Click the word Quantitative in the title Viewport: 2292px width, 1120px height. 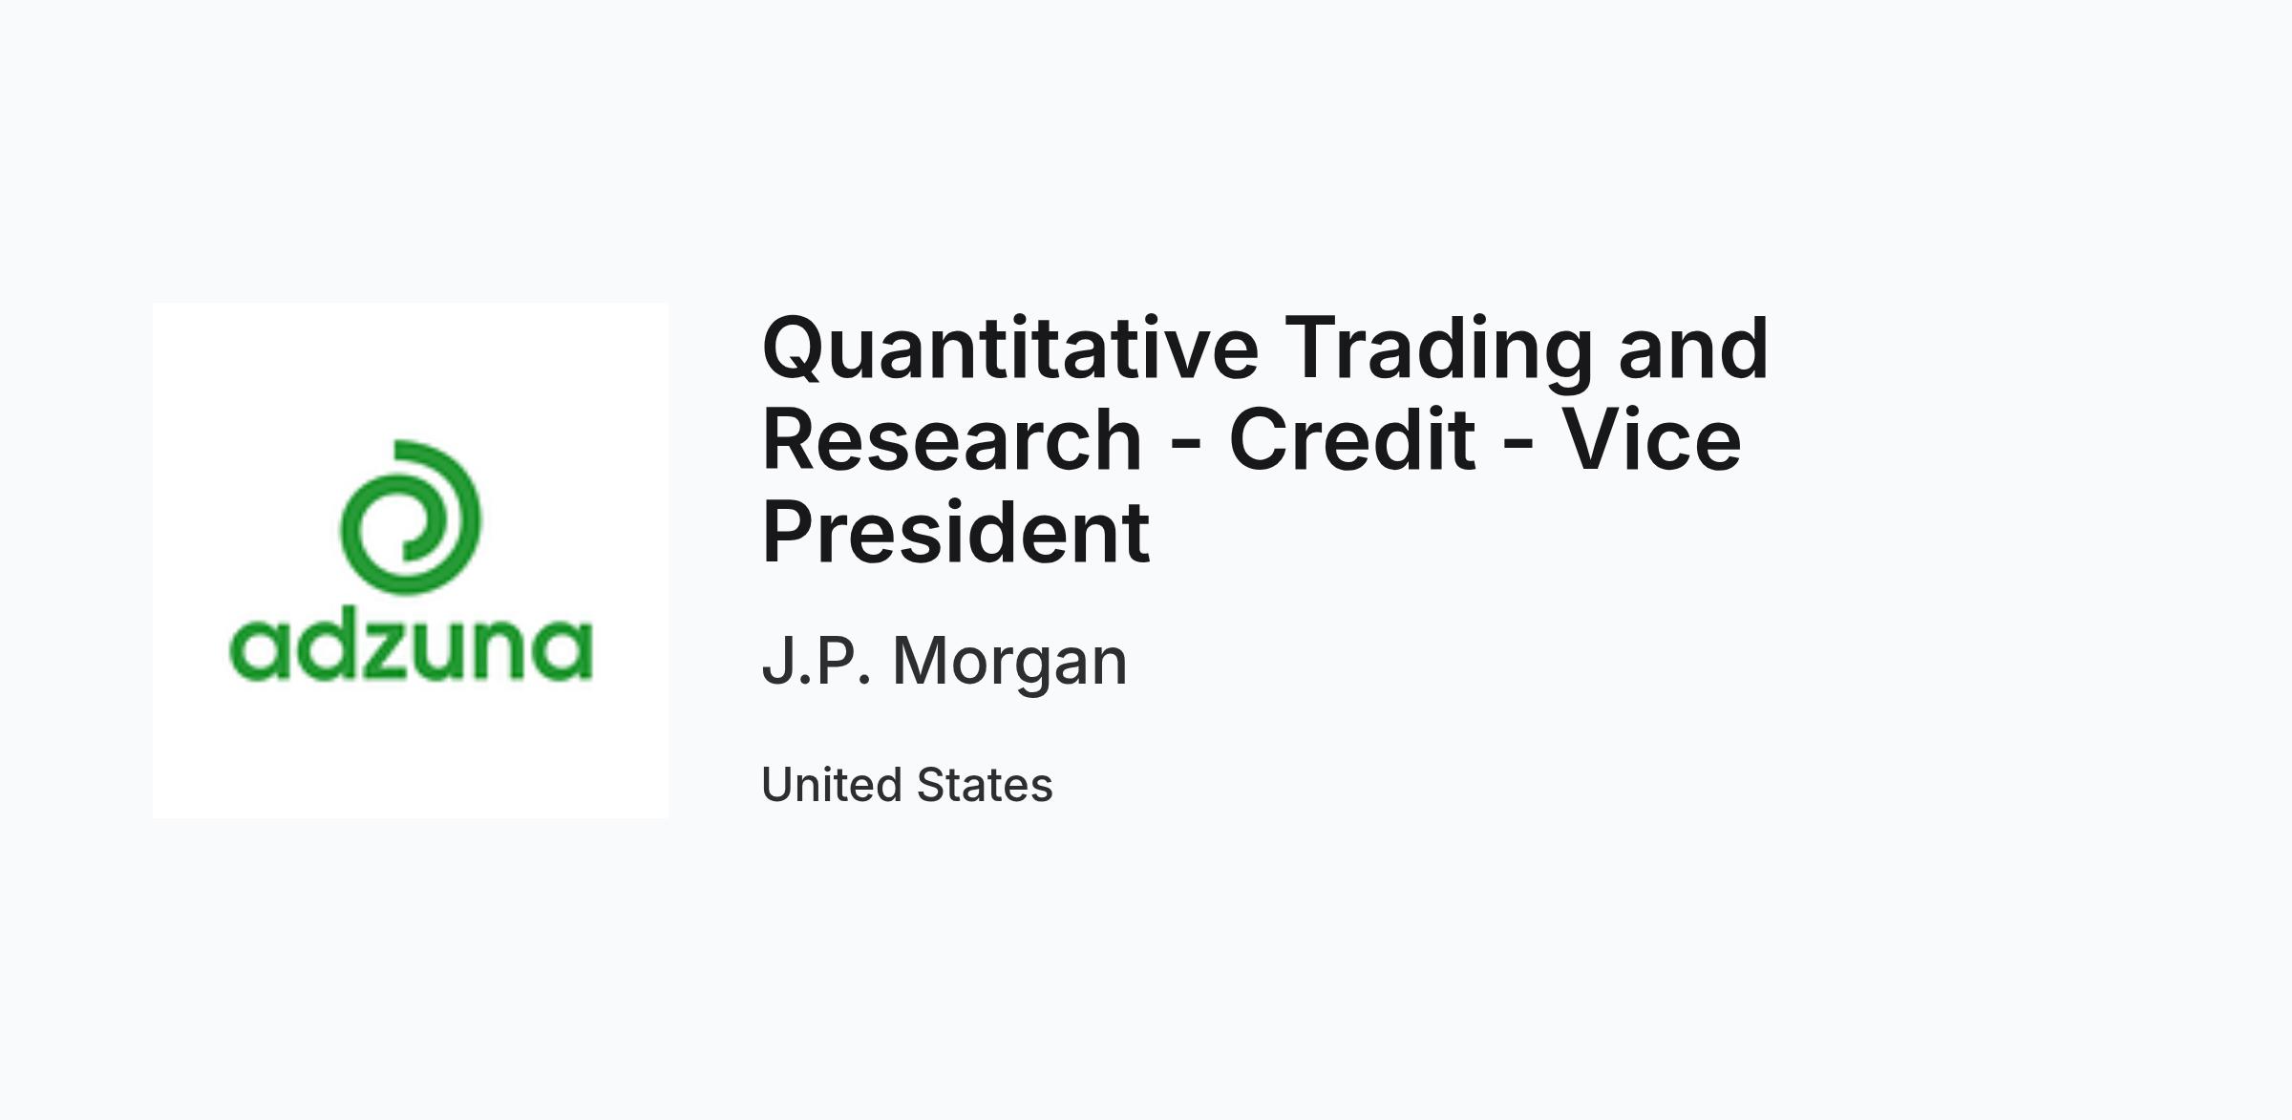point(1010,349)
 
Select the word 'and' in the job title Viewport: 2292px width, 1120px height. point(1693,349)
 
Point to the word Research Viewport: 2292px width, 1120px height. point(951,439)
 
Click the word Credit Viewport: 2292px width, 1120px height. point(1351,439)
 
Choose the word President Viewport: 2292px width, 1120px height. point(956,531)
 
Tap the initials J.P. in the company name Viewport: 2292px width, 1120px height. point(817,660)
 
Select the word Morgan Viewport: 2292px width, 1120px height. point(1009,663)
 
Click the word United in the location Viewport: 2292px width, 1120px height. point(832,785)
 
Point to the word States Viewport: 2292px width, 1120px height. point(985,785)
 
